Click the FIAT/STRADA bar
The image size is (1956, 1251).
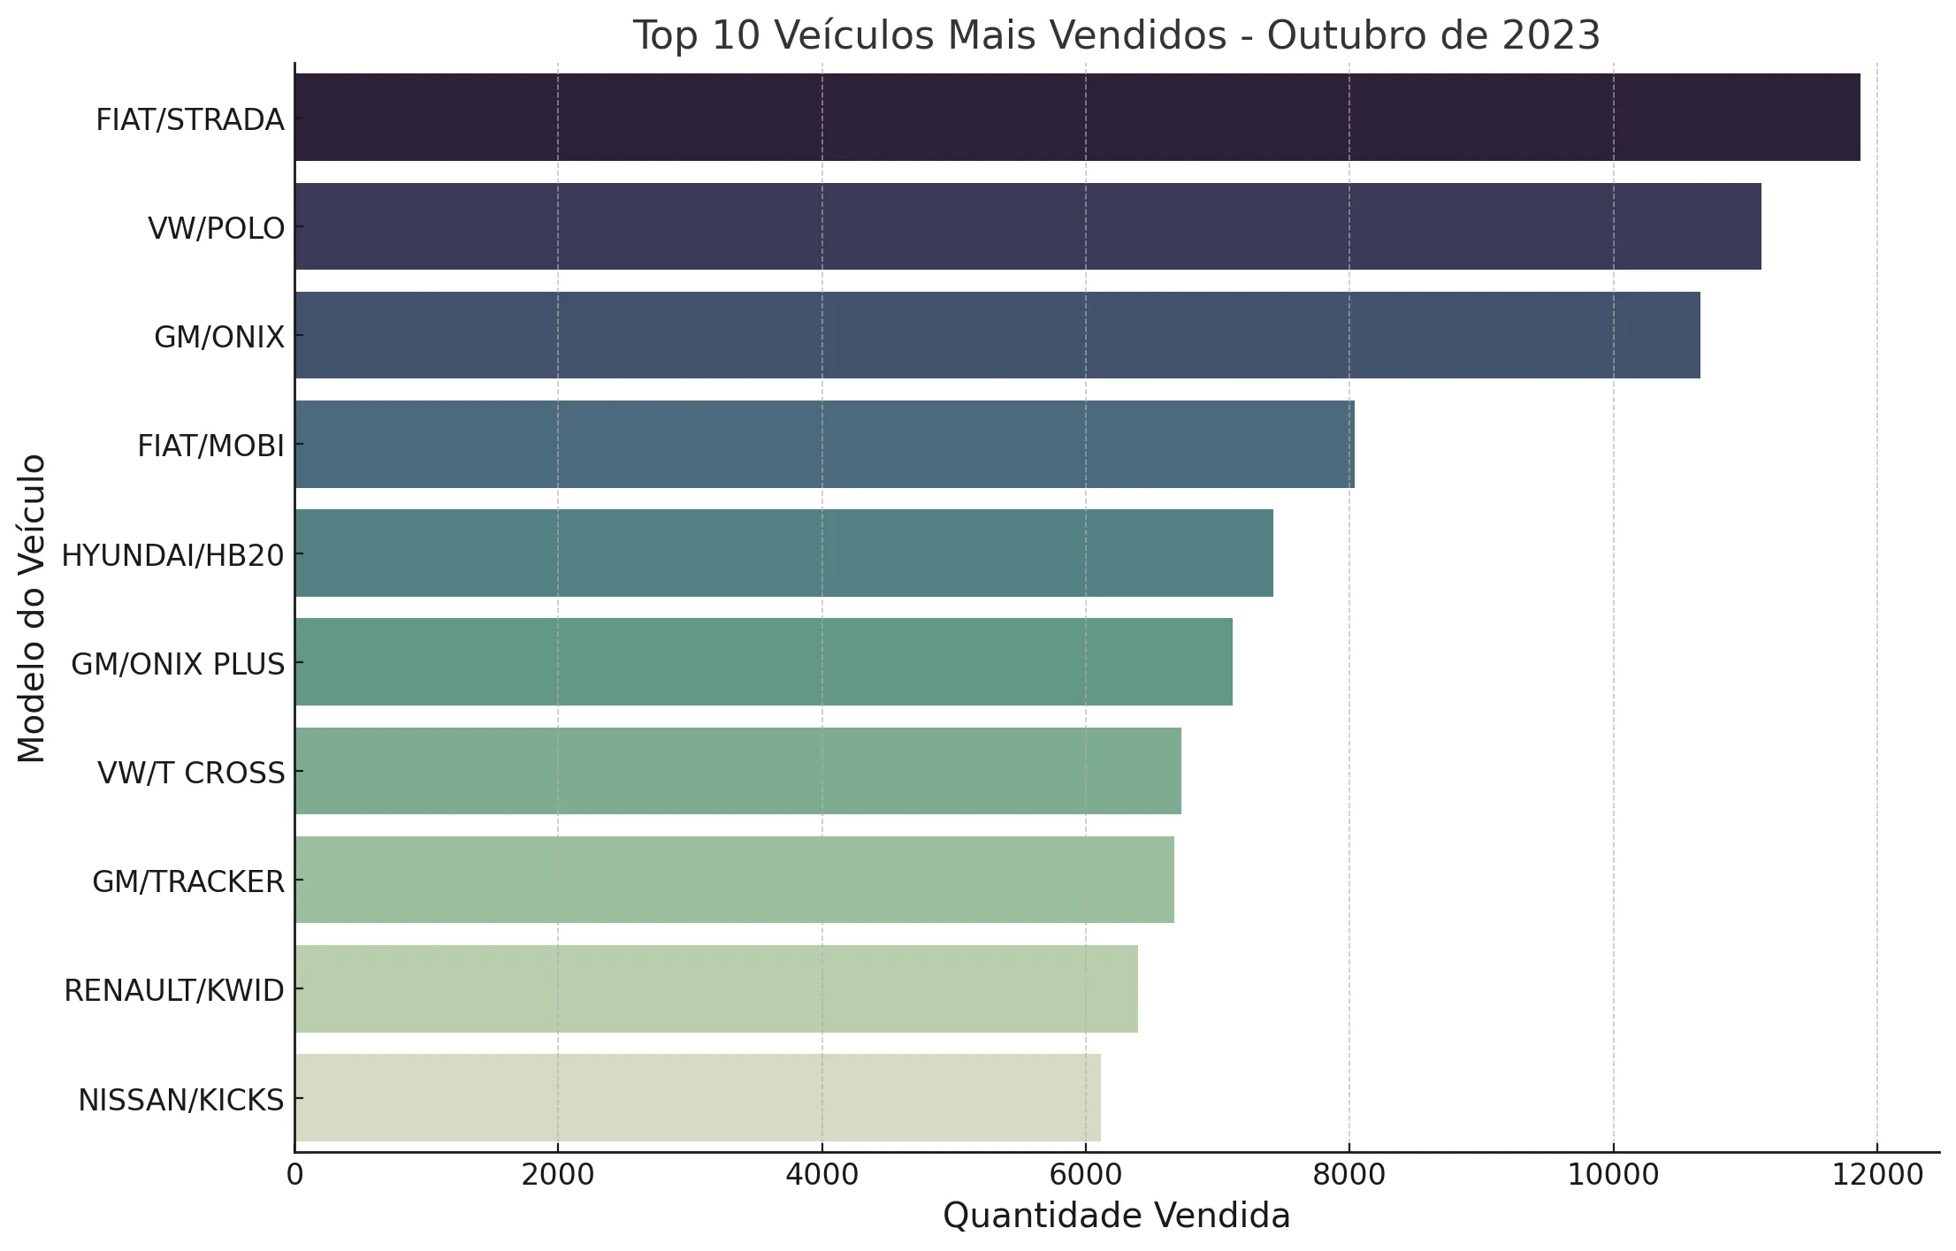pos(1077,118)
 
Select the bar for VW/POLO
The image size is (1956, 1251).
pos(1028,226)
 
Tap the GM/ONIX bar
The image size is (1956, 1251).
pos(997,335)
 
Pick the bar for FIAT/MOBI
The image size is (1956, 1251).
pos(824,444)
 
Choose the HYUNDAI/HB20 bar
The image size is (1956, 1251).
pos(783,553)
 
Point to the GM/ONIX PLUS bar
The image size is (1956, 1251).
pos(763,661)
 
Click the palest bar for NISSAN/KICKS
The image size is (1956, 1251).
pos(698,1097)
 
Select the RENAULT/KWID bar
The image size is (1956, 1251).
pos(716,988)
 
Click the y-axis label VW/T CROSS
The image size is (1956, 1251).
pos(191,774)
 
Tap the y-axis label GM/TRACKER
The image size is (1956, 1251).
pos(188,882)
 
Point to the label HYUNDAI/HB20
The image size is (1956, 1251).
pos(172,556)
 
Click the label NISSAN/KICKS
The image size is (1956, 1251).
pos(181,1101)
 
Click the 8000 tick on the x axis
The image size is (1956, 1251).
pos(1349,1176)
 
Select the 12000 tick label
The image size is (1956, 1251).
pos(1876,1176)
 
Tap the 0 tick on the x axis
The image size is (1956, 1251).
pos(295,1176)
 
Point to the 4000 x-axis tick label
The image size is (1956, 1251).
pos(822,1176)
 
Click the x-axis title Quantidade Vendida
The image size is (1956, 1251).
pos(1116,1217)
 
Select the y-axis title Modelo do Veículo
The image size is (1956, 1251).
pos(32,608)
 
